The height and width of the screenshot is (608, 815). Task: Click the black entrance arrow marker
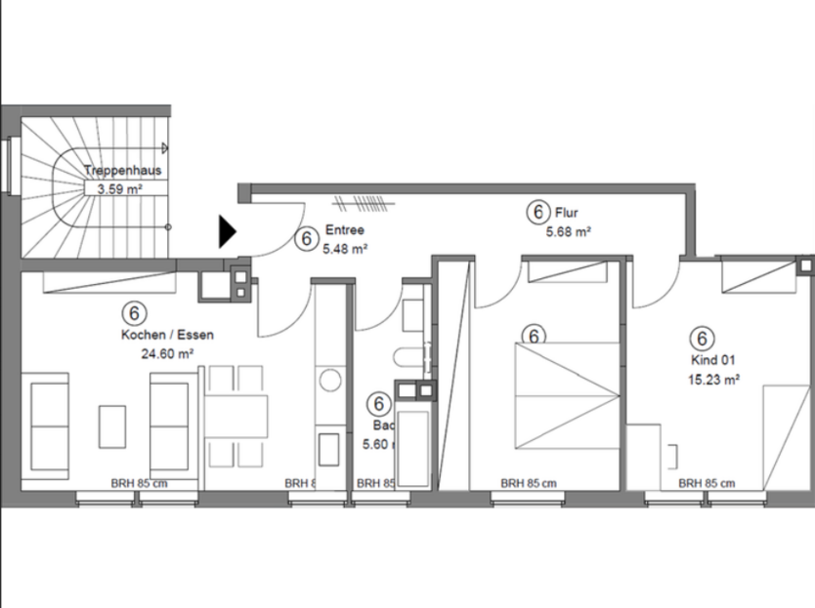(x=227, y=230)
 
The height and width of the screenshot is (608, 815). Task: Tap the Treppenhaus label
(x=122, y=170)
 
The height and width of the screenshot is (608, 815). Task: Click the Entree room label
(x=345, y=231)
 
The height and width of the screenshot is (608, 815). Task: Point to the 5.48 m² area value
(x=345, y=249)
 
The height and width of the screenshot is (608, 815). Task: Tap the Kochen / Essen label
(x=167, y=335)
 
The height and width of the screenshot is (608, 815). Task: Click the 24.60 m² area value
(x=166, y=353)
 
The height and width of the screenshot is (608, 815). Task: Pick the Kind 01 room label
(x=710, y=360)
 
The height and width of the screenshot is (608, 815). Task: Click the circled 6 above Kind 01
(x=701, y=339)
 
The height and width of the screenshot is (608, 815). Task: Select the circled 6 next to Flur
(x=536, y=211)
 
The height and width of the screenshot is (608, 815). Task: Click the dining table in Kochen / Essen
(x=236, y=417)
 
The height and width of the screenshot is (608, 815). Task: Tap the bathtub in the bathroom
(x=412, y=445)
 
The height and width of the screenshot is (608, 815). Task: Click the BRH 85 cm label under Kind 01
(x=707, y=483)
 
